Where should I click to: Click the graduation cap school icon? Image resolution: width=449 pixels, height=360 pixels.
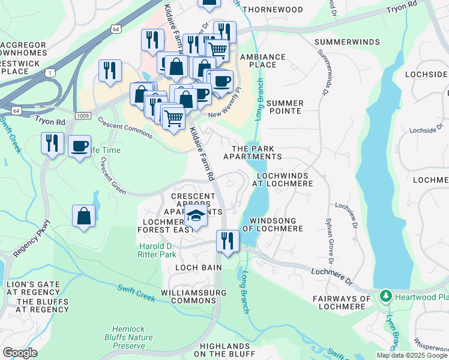196,216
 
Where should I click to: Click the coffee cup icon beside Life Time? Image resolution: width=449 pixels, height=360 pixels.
79,146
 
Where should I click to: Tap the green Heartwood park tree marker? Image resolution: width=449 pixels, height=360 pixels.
385,296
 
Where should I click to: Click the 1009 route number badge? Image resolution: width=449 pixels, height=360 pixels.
83,115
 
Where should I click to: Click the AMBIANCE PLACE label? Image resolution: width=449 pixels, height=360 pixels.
262,61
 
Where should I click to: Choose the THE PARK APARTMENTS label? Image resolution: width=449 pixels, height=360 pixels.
252,152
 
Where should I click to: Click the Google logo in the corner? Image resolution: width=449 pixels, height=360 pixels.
20,353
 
